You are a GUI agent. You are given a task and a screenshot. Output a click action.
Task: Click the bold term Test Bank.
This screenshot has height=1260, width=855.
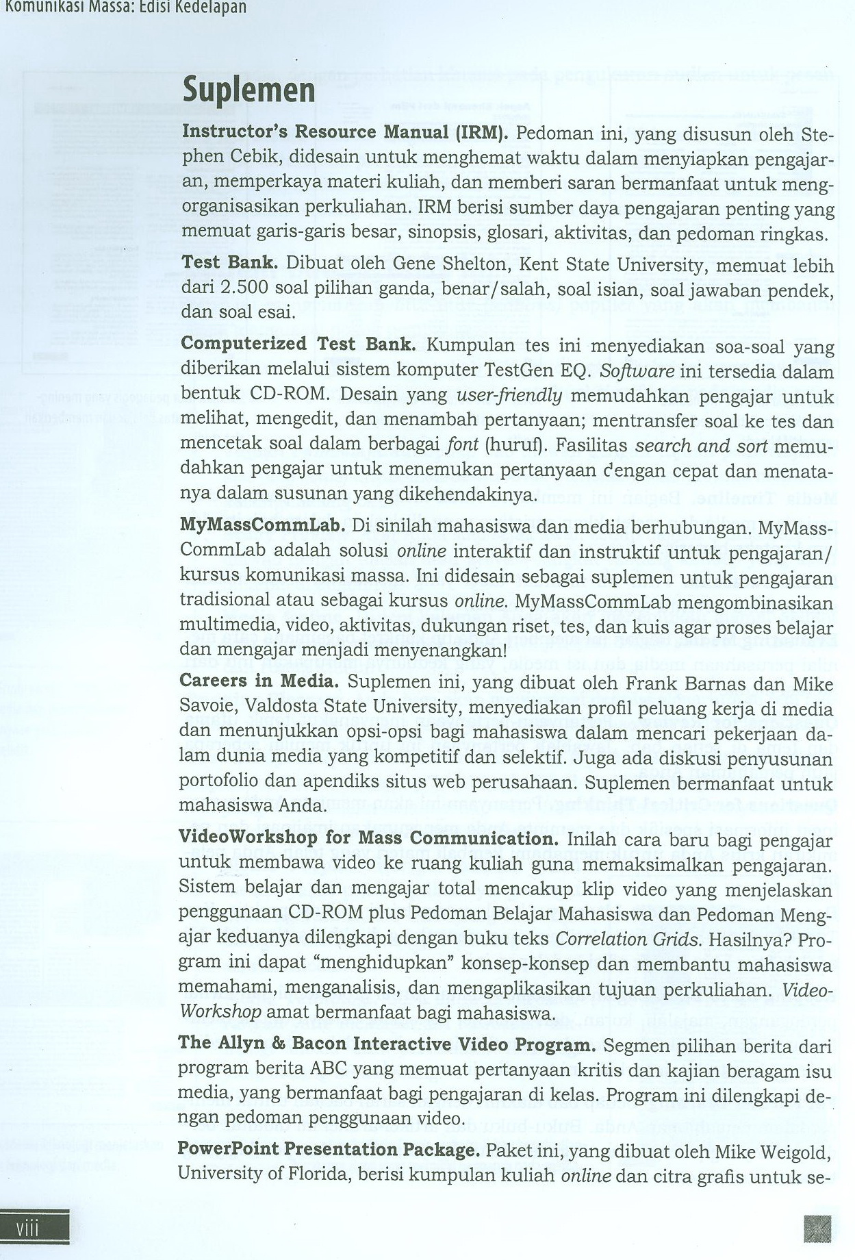coord(229,263)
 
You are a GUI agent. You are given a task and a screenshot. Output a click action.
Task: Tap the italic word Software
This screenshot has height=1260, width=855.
coord(637,372)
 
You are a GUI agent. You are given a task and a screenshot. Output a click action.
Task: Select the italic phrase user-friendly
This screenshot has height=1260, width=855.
coord(509,396)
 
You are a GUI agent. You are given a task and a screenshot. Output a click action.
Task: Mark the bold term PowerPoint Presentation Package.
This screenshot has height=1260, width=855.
coord(329,1150)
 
